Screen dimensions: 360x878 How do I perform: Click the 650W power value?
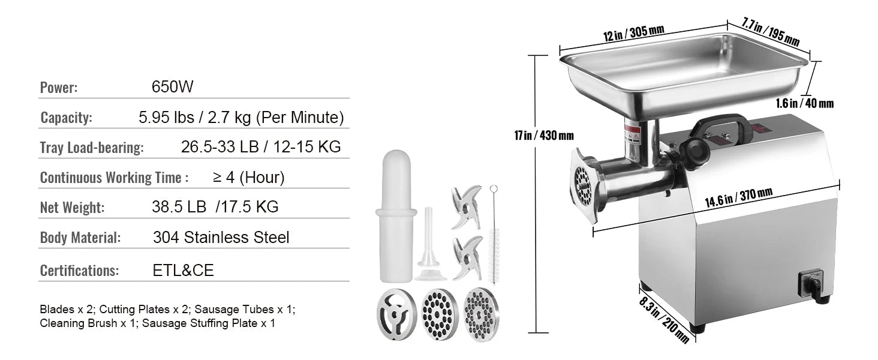coord(173,87)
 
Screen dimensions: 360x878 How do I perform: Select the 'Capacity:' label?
coord(66,118)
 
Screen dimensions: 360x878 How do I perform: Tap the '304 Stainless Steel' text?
coord(221,238)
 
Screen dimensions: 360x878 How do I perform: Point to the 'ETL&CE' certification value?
coord(183,271)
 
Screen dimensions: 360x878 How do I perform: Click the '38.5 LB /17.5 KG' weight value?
coord(215,208)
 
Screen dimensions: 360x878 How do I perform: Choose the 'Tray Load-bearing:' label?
coord(91,148)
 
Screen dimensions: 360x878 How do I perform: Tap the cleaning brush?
coord(494,234)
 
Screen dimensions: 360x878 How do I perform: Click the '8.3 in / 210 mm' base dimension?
coord(664,316)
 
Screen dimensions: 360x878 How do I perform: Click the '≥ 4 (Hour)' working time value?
coord(248,178)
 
